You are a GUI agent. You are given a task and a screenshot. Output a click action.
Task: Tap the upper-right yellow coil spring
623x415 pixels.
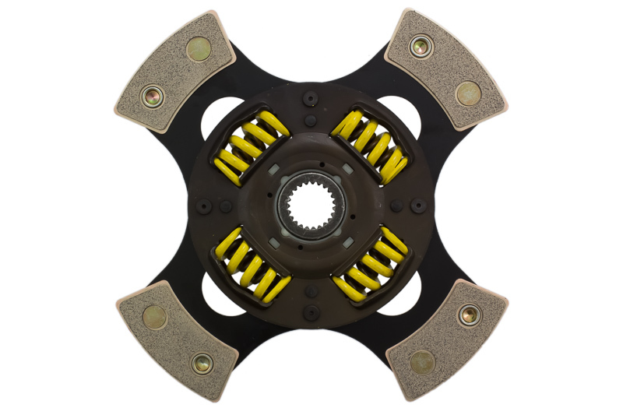point(371,145)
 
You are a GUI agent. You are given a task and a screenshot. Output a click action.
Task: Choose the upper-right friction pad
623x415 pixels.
point(446,69)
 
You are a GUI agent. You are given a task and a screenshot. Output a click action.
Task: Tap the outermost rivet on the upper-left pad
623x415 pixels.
point(150,98)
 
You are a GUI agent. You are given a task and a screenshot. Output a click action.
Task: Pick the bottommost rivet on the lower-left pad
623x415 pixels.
point(200,362)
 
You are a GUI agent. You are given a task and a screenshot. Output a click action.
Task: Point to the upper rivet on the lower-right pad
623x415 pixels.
point(468,315)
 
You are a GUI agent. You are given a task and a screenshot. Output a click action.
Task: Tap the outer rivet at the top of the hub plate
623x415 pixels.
point(311,98)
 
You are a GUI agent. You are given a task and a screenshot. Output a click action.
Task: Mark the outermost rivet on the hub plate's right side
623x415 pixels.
point(418,206)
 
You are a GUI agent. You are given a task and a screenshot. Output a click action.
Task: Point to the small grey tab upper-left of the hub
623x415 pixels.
point(274,168)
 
